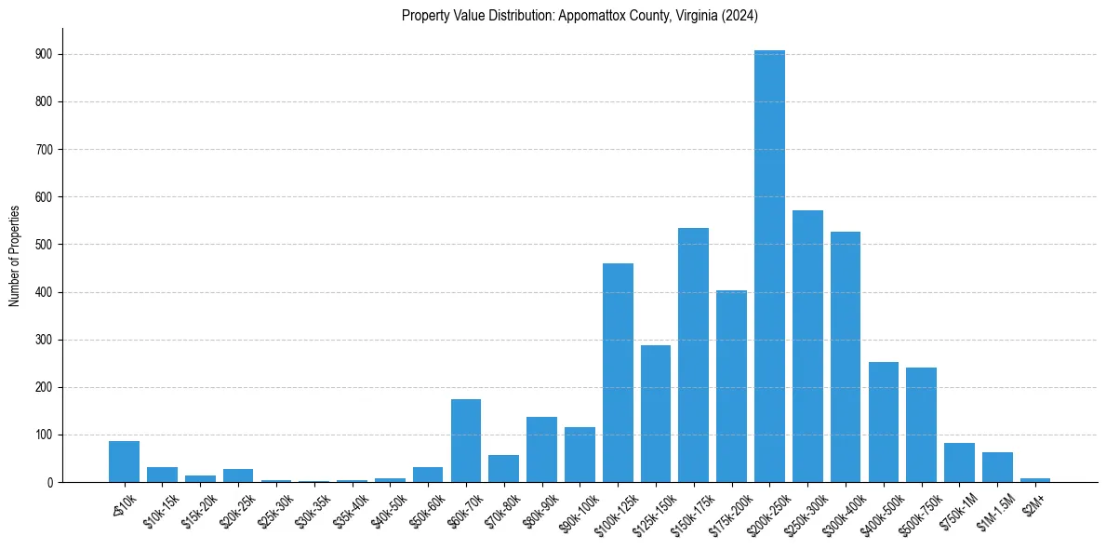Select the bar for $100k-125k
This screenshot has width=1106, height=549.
[x=618, y=372]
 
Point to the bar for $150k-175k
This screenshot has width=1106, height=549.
[x=694, y=355]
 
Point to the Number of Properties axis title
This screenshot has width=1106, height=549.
[x=14, y=255]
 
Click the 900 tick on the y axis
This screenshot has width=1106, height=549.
[x=46, y=54]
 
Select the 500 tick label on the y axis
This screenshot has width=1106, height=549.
[x=46, y=245]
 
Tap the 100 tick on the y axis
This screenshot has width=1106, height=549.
[x=46, y=435]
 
